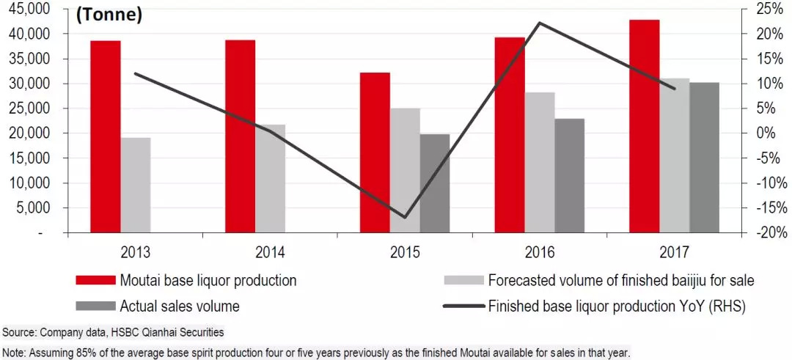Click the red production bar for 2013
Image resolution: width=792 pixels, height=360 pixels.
105,136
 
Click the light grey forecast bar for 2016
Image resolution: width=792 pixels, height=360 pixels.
540,162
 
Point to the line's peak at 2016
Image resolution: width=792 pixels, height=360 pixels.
539,23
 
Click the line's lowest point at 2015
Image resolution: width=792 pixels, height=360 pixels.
404,217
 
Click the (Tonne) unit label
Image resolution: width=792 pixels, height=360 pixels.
110,14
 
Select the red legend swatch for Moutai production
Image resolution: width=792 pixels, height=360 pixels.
95,280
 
